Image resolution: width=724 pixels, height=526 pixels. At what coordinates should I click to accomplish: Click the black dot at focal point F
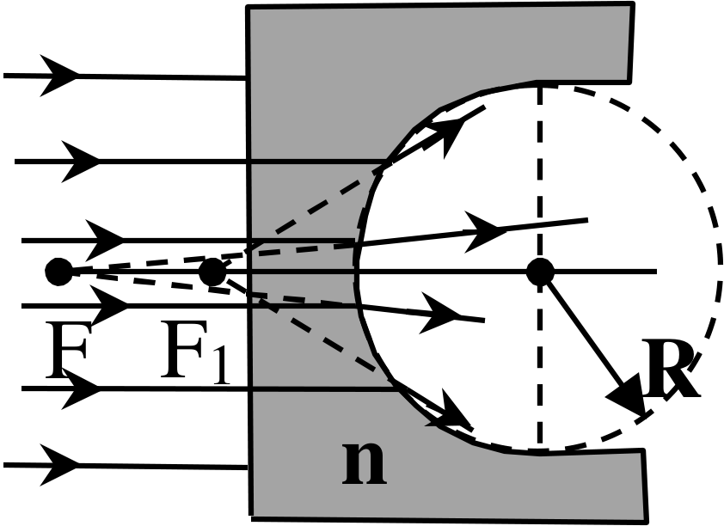pyautogui.click(x=58, y=272)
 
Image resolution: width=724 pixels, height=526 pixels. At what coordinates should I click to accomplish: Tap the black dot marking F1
pyautogui.click(x=212, y=272)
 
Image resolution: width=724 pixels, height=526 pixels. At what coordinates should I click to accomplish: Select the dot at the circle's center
pyautogui.click(x=540, y=272)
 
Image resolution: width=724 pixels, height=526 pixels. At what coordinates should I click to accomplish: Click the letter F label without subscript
pyautogui.click(x=67, y=350)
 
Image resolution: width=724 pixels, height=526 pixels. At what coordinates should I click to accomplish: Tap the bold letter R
pyautogui.click(x=672, y=368)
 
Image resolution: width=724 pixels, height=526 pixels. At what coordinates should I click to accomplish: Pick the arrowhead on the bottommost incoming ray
pyautogui.click(x=58, y=465)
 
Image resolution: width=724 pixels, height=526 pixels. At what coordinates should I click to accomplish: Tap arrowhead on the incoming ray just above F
pyautogui.click(x=105, y=241)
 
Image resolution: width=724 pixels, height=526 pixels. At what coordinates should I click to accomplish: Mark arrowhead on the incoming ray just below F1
pyautogui.click(x=109, y=305)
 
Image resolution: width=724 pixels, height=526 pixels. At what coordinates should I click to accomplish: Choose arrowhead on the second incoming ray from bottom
pyautogui.click(x=81, y=388)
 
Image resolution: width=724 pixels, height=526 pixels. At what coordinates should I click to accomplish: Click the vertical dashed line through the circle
pyautogui.click(x=540, y=267)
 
